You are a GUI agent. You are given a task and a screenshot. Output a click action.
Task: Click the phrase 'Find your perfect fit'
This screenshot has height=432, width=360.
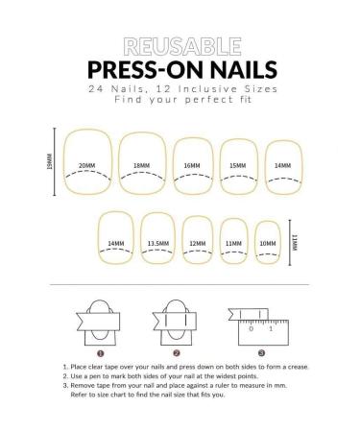[180, 100]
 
